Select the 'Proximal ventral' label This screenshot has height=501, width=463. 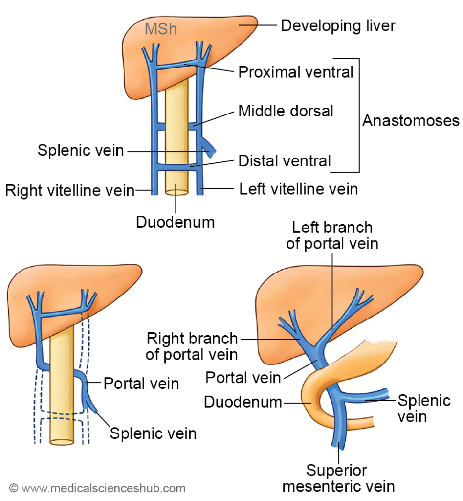click(295, 72)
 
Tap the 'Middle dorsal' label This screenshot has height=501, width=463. click(286, 111)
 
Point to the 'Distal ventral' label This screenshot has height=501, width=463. click(285, 160)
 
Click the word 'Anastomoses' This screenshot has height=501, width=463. click(411, 121)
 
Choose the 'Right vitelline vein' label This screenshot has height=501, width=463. click(69, 190)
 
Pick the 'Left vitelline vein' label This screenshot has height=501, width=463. click(298, 189)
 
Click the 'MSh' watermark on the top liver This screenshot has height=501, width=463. click(160, 29)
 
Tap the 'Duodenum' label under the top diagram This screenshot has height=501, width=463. click(175, 222)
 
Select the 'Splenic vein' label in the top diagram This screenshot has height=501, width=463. click(81, 150)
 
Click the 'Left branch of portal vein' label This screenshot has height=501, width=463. click(332, 235)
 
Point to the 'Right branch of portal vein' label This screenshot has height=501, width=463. click(192, 346)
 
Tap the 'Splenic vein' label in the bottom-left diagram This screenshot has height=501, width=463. click(153, 433)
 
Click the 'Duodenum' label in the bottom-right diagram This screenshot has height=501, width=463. click(243, 402)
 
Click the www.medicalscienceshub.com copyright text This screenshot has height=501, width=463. click(97, 488)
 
